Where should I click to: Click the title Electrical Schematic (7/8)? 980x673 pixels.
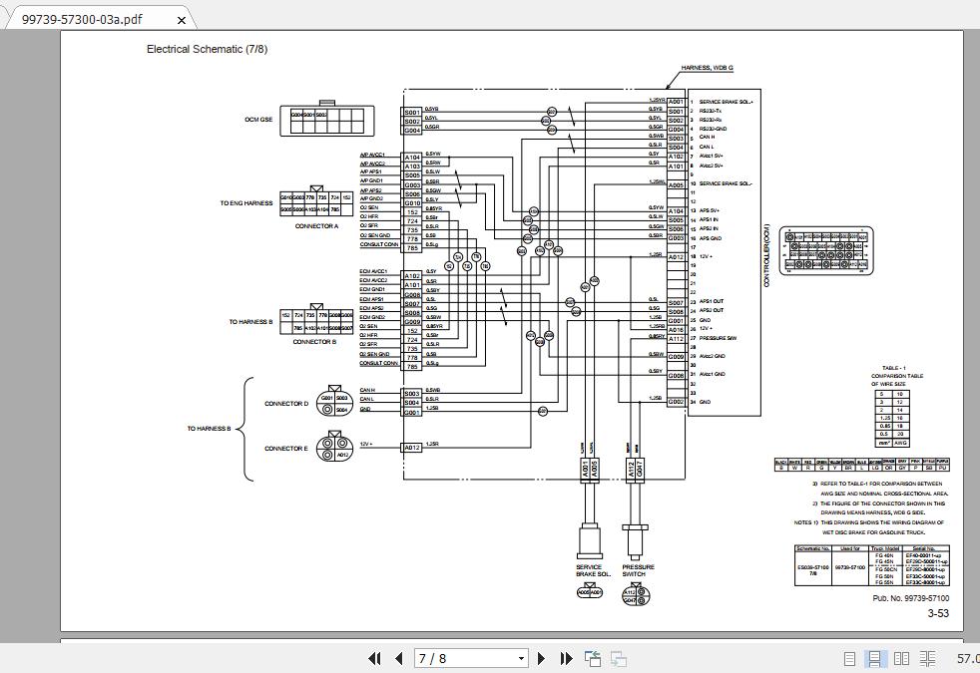tap(207, 49)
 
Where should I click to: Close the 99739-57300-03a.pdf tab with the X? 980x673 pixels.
tap(181, 19)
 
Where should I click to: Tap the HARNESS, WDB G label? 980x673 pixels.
tap(707, 68)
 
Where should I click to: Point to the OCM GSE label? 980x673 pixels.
tap(258, 120)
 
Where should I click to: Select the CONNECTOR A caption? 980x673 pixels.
tap(316, 226)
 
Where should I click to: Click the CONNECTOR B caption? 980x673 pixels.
tap(314, 342)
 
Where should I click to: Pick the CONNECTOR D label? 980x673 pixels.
tap(286, 404)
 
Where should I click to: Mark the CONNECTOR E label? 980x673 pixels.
tap(286, 449)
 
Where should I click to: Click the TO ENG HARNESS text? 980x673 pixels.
tap(246, 203)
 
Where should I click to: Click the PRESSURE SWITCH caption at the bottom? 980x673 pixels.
tap(638, 570)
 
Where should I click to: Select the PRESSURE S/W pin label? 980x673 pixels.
tap(718, 338)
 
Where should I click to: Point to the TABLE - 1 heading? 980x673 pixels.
tap(894, 368)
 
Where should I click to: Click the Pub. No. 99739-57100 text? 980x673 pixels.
tap(910, 598)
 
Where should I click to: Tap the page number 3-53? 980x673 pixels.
tap(938, 614)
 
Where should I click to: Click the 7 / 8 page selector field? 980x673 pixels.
tap(470, 658)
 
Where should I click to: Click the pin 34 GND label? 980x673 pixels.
tap(705, 402)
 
